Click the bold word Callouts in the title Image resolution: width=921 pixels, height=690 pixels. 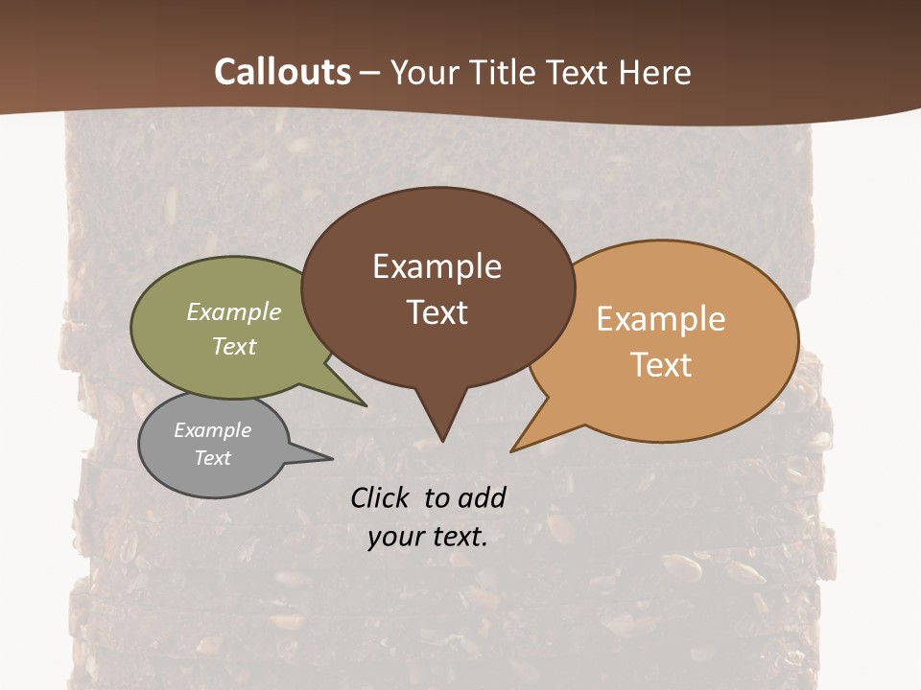[282, 72]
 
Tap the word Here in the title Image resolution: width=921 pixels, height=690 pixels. [655, 72]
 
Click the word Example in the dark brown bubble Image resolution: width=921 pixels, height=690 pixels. [437, 266]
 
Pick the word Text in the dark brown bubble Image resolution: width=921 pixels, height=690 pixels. [437, 311]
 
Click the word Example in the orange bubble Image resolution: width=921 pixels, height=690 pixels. [661, 319]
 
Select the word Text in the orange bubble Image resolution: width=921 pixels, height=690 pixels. [661, 364]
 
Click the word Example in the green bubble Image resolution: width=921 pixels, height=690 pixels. [234, 312]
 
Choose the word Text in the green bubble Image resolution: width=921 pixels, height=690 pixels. [234, 346]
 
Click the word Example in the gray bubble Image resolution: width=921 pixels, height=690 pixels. [212, 430]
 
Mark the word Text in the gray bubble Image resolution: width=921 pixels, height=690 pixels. [212, 458]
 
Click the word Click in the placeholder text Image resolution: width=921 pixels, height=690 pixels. [383, 497]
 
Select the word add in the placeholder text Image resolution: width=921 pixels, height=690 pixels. [482, 497]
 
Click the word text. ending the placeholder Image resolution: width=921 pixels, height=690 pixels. [460, 538]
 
